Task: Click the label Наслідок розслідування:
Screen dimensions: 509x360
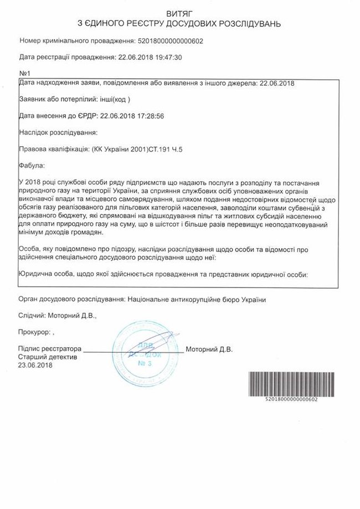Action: (58, 132)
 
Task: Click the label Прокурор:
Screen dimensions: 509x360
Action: (35, 333)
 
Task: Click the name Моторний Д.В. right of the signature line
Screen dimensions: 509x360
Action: (209, 350)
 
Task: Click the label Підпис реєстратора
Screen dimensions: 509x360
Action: (49, 350)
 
